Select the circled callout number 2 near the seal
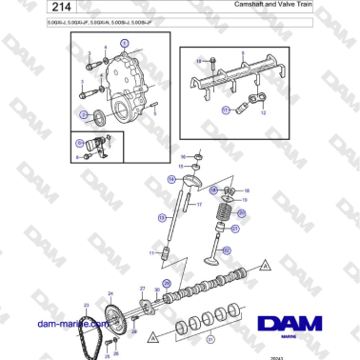click(x=85, y=117)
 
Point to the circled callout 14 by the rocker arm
click(x=171, y=179)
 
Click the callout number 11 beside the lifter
click(x=150, y=253)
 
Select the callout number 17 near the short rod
click(x=199, y=205)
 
